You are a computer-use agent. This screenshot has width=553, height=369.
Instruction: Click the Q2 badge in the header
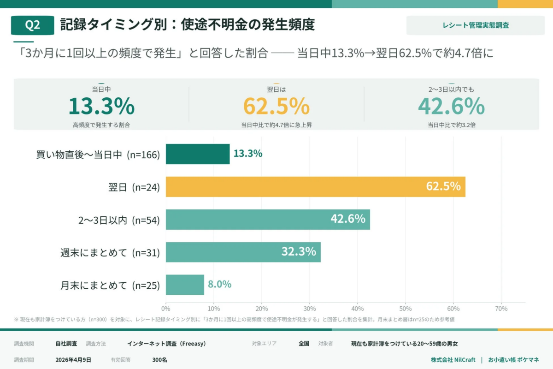[32, 25]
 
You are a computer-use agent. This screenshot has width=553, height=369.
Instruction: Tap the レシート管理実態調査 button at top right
[475, 25]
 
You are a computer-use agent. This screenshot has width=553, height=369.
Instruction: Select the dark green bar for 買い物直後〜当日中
[197, 154]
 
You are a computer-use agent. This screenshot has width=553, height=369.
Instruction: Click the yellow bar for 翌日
[315, 187]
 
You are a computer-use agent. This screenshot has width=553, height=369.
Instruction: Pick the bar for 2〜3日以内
[267, 220]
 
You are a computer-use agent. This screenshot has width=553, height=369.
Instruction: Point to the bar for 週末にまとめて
[243, 252]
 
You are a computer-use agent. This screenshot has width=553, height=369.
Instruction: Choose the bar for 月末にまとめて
[185, 285]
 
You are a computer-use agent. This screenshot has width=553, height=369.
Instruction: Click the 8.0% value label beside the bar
[219, 285]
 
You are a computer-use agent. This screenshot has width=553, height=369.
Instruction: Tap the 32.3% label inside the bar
[299, 252]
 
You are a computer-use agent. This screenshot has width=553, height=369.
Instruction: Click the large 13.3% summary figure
[101, 107]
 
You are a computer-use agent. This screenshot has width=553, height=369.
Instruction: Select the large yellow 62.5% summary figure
[276, 107]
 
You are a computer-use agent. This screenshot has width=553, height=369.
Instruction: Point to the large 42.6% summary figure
[451, 107]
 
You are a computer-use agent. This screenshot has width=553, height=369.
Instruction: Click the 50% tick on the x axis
[405, 309]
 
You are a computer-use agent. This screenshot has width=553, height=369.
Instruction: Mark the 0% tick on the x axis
[166, 309]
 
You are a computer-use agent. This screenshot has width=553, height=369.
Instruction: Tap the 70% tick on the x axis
[501, 309]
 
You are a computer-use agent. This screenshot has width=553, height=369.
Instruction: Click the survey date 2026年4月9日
[73, 360]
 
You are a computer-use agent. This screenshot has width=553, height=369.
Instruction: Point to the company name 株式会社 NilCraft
[453, 360]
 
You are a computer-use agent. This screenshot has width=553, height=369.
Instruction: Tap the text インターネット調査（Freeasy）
[166, 344]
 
